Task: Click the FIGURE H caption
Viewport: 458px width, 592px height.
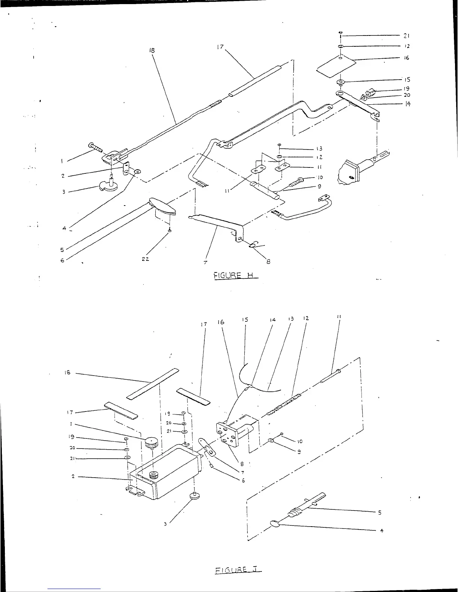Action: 236,275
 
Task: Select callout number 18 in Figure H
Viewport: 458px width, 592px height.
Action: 152,50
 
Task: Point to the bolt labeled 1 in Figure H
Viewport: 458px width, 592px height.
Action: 95,147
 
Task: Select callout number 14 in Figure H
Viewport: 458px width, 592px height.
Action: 407,104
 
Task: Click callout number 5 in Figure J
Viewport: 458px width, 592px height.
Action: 380,512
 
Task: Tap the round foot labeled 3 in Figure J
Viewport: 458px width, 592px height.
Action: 194,496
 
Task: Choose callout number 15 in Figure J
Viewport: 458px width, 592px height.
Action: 245,320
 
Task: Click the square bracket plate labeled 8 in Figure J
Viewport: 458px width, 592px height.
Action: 228,434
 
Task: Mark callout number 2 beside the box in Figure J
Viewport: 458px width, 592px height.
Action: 73,477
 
